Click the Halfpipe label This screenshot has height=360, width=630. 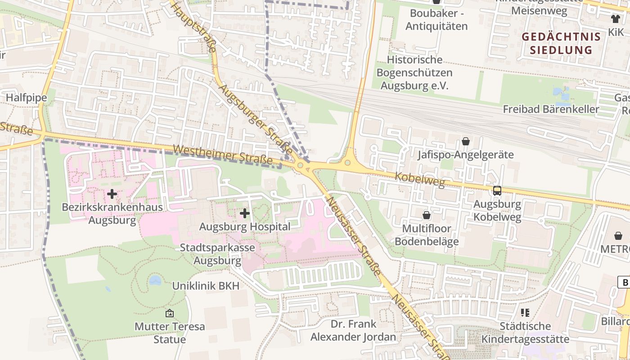(x=26, y=98)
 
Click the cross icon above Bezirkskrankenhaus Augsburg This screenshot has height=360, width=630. (x=112, y=194)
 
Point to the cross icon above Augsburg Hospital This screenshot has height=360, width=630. (x=245, y=213)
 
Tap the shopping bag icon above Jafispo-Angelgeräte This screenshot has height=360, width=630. (x=466, y=142)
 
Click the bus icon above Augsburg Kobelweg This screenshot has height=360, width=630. (x=497, y=190)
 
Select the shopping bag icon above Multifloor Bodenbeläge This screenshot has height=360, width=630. (x=427, y=215)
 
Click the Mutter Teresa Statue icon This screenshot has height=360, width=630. (x=170, y=313)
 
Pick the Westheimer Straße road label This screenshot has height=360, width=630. (x=223, y=154)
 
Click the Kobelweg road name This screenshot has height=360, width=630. (x=419, y=179)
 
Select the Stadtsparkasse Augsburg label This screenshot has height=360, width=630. (x=217, y=254)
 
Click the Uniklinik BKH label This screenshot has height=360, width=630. (x=206, y=286)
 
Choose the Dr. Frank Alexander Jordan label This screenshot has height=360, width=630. (x=353, y=330)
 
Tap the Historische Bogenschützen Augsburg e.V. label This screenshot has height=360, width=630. (x=414, y=72)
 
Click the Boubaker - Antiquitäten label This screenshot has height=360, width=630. (x=436, y=20)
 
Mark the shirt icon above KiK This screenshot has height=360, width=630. (x=615, y=18)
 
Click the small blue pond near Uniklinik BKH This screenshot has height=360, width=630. (x=155, y=281)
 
